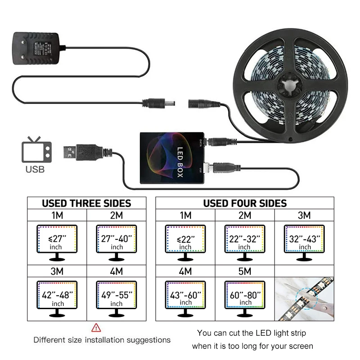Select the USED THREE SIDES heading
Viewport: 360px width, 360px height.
coord(86,203)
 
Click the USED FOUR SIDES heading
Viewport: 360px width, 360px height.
coord(245,203)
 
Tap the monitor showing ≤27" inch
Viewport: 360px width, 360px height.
coord(57,242)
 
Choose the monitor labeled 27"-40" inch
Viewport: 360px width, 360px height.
coord(116,242)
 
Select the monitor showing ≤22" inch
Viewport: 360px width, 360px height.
coord(185,242)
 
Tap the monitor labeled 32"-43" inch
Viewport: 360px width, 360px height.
coord(304,242)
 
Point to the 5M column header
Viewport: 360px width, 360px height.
coord(245,272)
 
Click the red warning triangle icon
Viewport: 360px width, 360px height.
coord(96,327)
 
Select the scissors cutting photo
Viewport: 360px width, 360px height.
coord(304,299)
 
